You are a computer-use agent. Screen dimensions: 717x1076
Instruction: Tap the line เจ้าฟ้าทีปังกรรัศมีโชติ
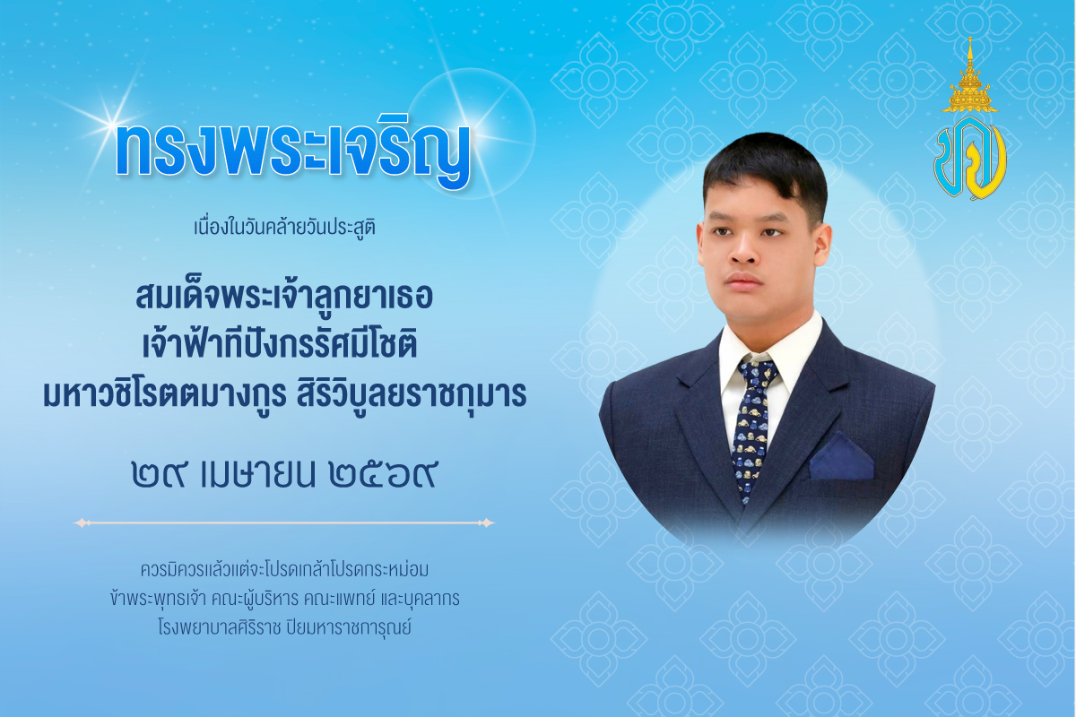click(284, 347)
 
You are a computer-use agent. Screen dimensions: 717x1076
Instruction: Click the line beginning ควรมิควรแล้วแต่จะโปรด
click(284, 569)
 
